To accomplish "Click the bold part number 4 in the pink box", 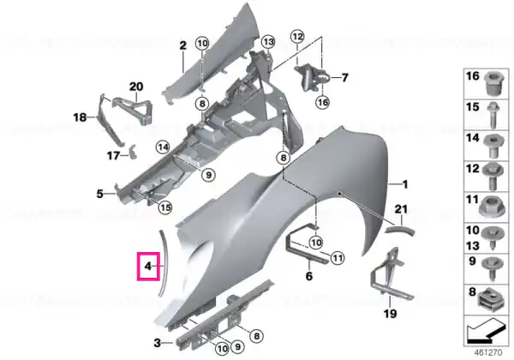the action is [148, 266].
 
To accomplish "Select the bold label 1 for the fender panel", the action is [405, 184].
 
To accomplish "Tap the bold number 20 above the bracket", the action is [136, 87].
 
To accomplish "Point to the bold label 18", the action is [80, 117].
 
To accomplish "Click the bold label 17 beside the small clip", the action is [113, 155].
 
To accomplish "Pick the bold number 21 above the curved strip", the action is [401, 209].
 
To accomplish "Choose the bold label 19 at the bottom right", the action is [390, 314].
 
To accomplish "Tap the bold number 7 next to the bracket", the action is [344, 78].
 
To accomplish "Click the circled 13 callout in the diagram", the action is [268, 42].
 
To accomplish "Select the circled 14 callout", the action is [163, 147].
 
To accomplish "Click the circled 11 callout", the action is [338, 258].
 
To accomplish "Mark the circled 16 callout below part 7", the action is [323, 102].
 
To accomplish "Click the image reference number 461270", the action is [488, 352].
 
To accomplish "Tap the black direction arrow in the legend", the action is [485, 331].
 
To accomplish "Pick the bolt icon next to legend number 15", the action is [492, 115].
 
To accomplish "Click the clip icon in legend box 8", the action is [489, 300].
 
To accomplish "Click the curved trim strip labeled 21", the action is [399, 229].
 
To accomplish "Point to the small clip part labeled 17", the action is [133, 151].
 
